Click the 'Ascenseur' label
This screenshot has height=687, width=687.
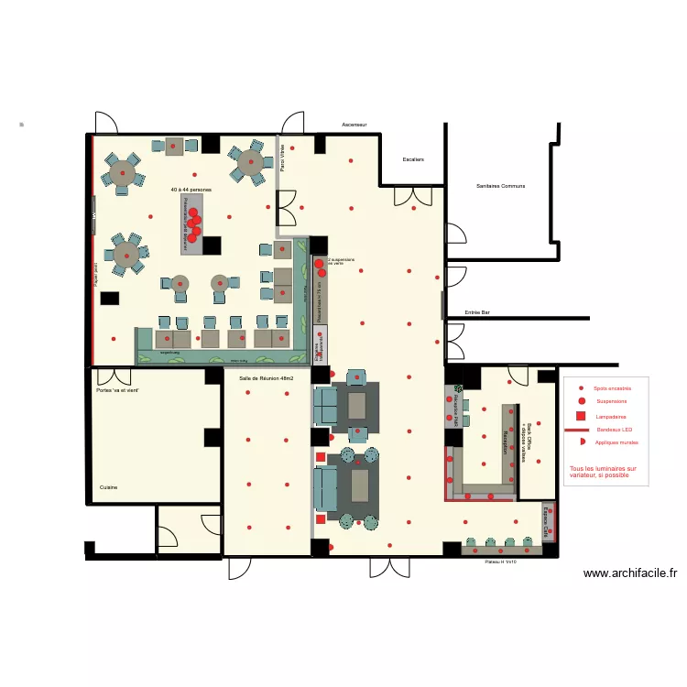click(x=354, y=125)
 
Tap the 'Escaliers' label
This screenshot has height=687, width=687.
click(x=413, y=159)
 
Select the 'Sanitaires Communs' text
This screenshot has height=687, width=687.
click(x=500, y=186)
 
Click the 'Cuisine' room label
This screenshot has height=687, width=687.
click(x=109, y=487)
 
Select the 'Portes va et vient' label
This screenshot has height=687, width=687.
click(x=117, y=390)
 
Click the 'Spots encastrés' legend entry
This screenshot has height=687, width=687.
click(x=612, y=388)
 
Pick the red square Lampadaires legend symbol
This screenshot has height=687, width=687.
click(x=581, y=416)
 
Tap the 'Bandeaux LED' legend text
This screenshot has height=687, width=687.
click(x=614, y=430)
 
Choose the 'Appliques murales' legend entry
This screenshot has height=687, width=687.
click(x=616, y=442)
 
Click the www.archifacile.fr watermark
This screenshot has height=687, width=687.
click(x=631, y=573)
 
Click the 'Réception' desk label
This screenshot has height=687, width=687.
click(x=505, y=442)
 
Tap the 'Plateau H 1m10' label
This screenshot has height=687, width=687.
click(x=501, y=562)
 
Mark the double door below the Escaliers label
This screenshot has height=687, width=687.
click(x=413, y=195)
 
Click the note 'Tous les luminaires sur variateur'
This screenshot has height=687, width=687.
click(x=603, y=472)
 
